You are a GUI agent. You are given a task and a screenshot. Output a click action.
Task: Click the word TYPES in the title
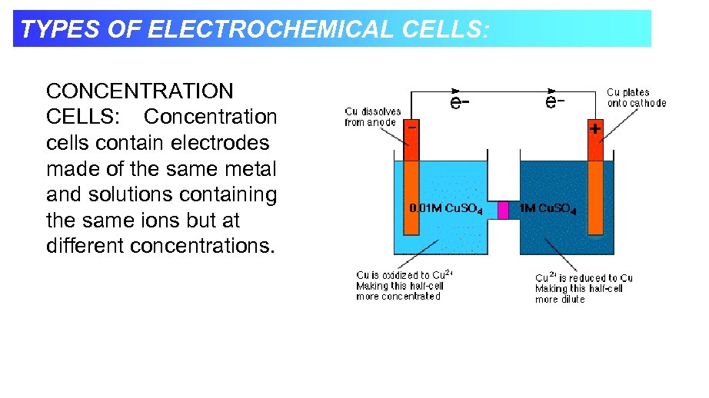click(x=50, y=29)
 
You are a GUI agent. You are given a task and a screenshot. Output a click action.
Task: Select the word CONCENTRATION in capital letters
click(x=139, y=91)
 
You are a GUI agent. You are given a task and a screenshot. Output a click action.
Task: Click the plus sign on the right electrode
click(x=594, y=130)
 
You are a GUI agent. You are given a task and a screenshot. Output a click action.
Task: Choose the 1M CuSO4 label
click(x=548, y=209)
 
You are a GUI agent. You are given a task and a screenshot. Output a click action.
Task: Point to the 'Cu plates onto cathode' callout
click(x=636, y=98)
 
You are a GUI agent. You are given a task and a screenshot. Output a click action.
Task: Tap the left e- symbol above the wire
click(x=461, y=102)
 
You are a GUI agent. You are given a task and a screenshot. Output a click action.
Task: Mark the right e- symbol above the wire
click(x=556, y=101)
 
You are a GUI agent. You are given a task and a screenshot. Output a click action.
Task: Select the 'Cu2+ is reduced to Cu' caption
click(x=584, y=277)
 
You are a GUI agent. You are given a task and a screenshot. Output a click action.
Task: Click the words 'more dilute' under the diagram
click(x=560, y=300)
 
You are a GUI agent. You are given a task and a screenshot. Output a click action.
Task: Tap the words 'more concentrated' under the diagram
click(x=398, y=297)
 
